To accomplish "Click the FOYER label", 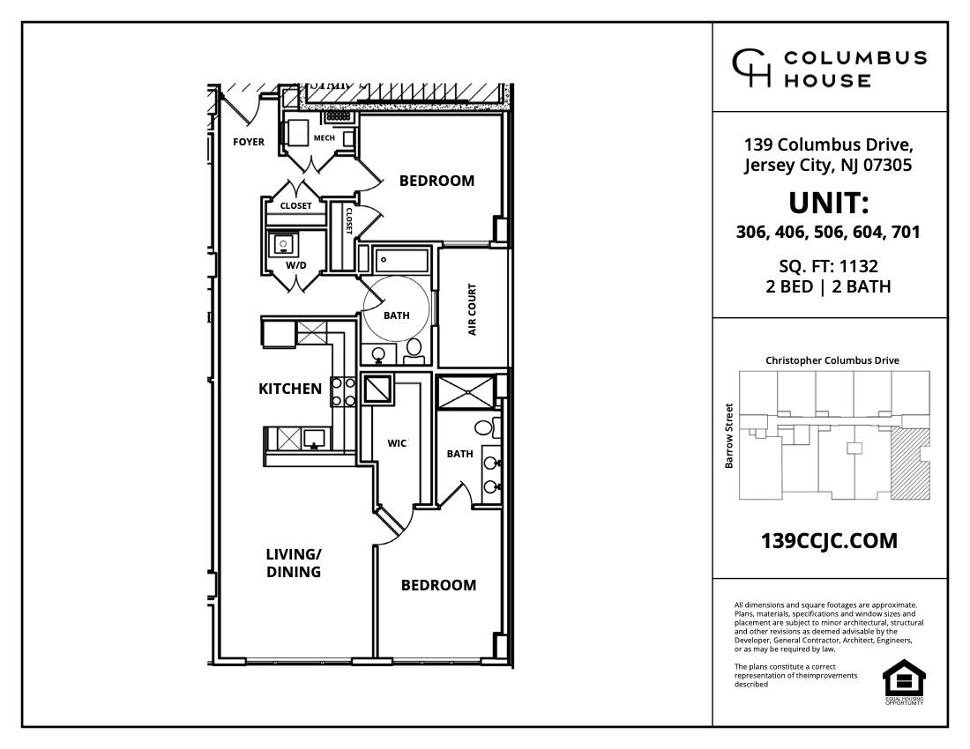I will pos(248,142).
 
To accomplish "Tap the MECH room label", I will pos(324,137).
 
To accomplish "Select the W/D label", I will pos(295,265).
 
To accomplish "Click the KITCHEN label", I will pos(290,389).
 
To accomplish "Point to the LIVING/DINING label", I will pos(294,563).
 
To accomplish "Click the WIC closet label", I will pos(397,443).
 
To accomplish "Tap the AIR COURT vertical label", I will pos(473,309).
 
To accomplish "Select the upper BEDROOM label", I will pos(436,181).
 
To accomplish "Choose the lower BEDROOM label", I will pos(438,585).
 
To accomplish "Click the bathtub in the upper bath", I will pos(402,260).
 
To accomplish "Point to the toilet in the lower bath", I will pos(483,428).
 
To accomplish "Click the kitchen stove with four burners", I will pos(343,391).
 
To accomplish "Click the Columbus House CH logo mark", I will pos(751,69).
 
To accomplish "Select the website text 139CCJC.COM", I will pos(829,541).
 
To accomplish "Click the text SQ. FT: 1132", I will pos(829,266).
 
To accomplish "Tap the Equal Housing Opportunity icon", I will pos(905,682).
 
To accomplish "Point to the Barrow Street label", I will pos(729,435).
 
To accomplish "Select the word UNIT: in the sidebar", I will pos(829,204).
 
